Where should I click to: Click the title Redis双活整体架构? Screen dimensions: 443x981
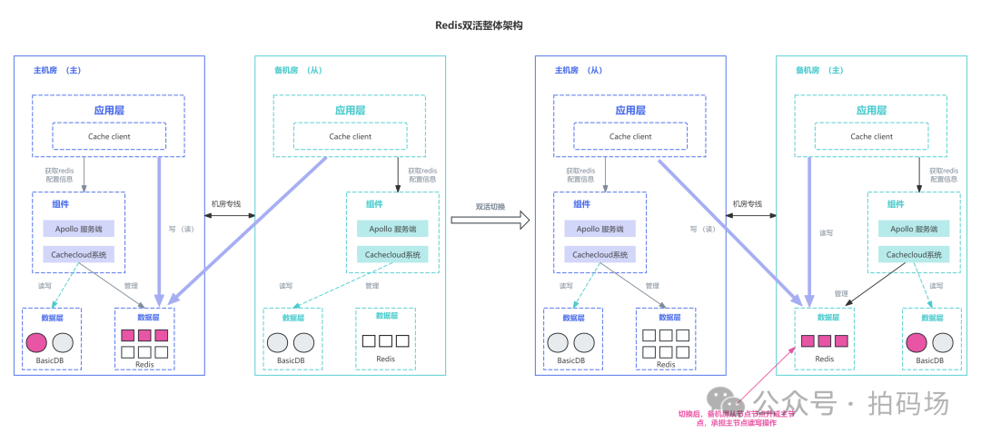point(478,25)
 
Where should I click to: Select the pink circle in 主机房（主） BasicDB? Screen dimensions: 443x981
point(36,342)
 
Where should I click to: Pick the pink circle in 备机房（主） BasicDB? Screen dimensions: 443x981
point(916,342)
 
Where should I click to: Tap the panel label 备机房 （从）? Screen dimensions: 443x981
point(298,70)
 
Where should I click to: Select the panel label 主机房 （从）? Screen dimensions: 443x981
point(579,70)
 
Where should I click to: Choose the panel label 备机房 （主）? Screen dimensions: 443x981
point(819,70)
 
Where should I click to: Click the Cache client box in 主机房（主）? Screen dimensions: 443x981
point(109,136)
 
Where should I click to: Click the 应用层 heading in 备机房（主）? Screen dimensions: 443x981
point(871,110)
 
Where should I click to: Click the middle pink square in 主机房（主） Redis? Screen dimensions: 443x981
point(144,335)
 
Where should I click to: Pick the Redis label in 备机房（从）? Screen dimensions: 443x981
point(385,359)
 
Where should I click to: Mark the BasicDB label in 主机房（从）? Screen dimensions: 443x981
point(572,361)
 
